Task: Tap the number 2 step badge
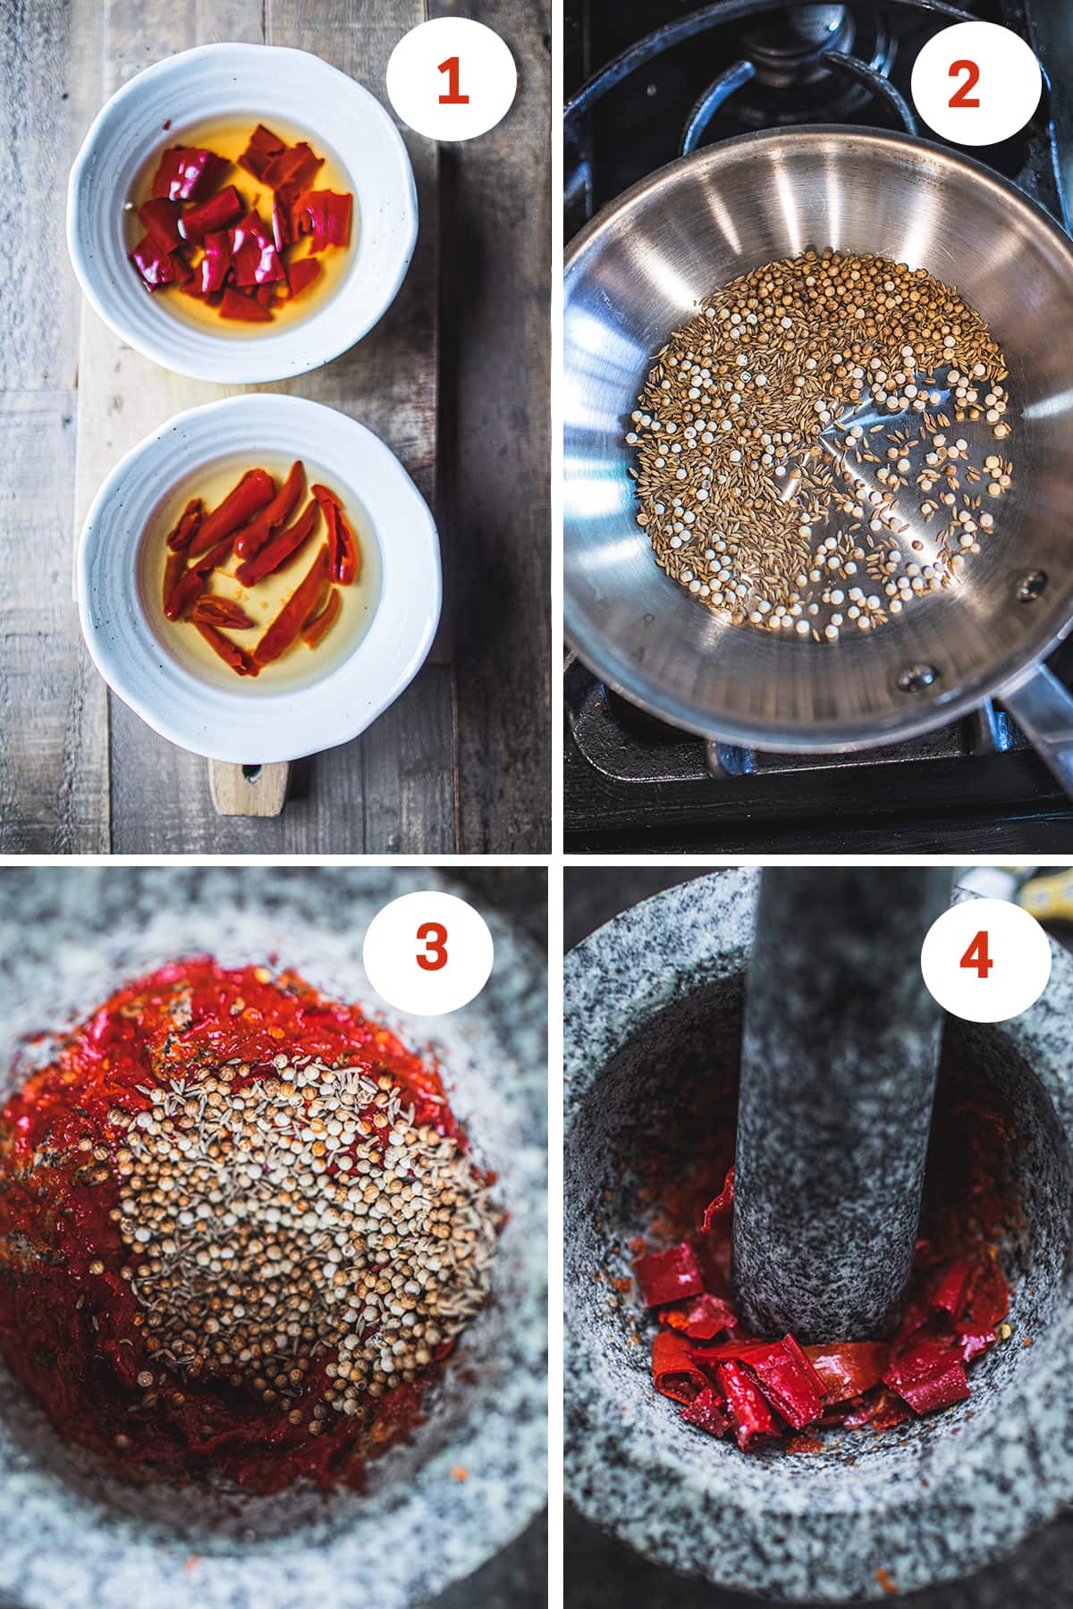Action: [x=976, y=85]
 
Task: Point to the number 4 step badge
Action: [x=976, y=957]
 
